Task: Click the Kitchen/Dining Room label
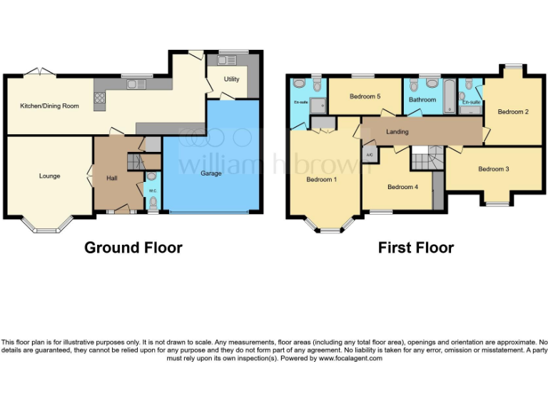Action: click(x=49, y=106)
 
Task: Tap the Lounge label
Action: click(x=49, y=176)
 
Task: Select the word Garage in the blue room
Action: click(x=210, y=173)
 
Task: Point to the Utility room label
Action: click(x=232, y=79)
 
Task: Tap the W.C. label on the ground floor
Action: click(x=153, y=191)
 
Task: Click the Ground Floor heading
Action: click(x=133, y=248)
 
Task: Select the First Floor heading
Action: click(x=416, y=248)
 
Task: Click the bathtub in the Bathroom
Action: click(x=448, y=96)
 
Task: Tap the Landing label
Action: click(x=397, y=132)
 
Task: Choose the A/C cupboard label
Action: click(x=369, y=154)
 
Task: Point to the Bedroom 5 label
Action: click(x=365, y=96)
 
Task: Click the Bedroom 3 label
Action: click(x=493, y=169)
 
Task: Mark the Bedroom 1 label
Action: click(x=322, y=179)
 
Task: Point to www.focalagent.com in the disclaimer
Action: click(x=350, y=358)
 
